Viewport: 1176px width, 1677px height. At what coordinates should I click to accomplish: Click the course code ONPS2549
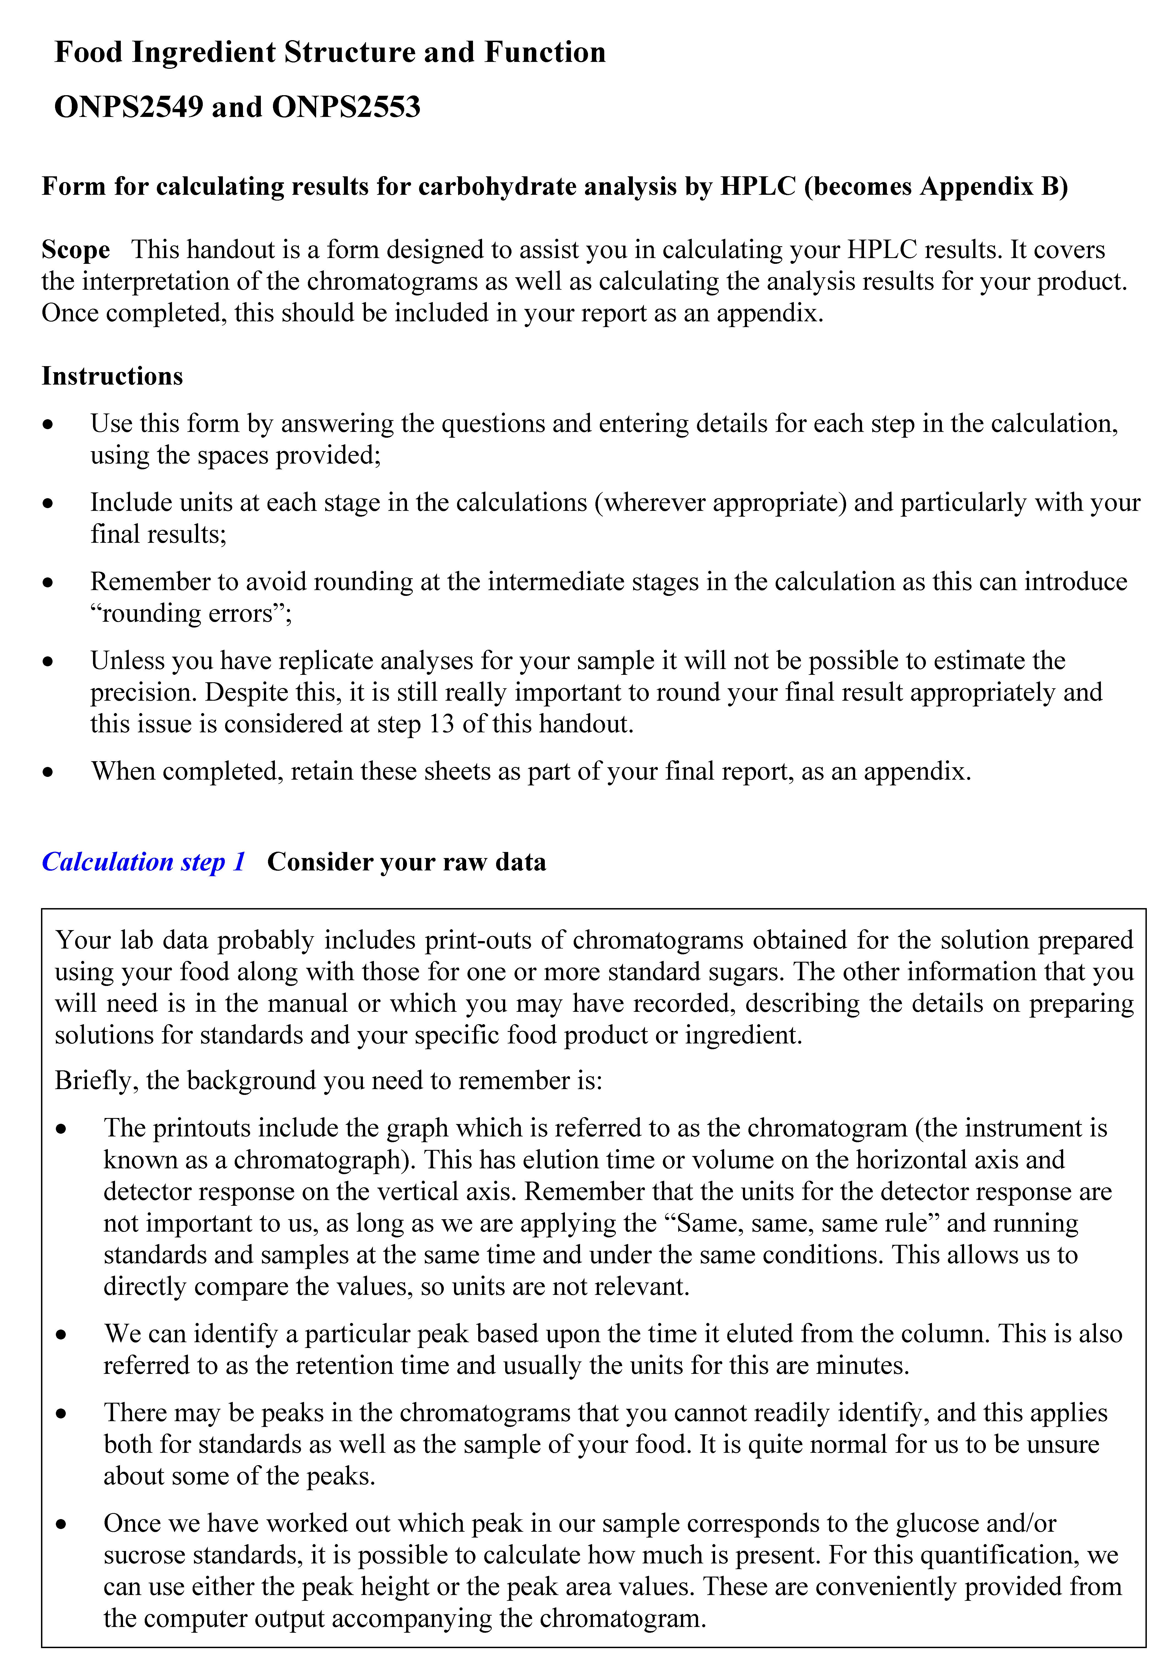[x=129, y=107]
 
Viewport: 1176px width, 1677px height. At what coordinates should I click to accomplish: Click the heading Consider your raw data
[x=407, y=862]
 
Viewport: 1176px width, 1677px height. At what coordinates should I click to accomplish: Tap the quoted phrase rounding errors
[x=192, y=613]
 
